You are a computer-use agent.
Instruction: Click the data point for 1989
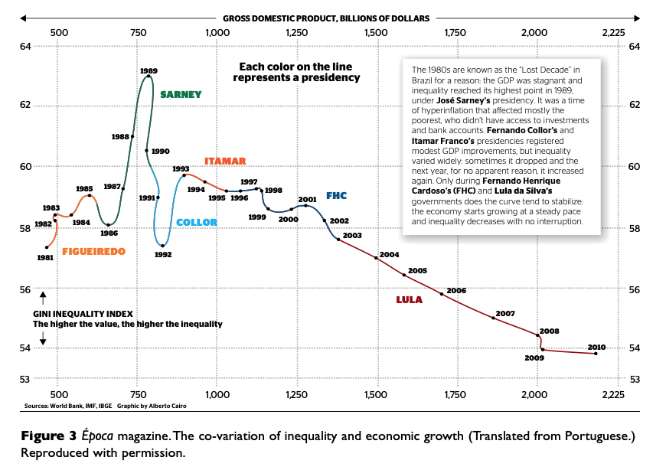tap(149, 77)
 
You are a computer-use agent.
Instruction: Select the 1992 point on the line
tap(162, 245)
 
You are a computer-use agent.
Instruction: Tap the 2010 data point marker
tap(596, 353)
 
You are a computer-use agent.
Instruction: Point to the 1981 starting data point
tap(47, 247)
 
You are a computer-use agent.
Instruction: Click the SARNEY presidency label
tap(181, 95)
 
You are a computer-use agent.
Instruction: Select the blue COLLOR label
tap(197, 223)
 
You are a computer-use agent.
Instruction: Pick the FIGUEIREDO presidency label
tap(93, 251)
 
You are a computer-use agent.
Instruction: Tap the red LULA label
tap(409, 299)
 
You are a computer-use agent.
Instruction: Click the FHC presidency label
tap(336, 196)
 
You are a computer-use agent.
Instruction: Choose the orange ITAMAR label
tap(225, 162)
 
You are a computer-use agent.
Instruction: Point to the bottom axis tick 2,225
tap(613, 394)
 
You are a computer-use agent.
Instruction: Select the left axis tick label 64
tap(24, 47)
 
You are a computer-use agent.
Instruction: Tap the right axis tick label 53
tap(634, 379)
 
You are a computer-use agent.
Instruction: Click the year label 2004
tap(390, 254)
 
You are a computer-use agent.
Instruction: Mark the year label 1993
tap(181, 169)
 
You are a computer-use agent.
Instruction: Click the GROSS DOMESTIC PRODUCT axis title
tap(326, 18)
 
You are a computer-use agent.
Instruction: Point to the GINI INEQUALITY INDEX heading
tap(83, 314)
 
